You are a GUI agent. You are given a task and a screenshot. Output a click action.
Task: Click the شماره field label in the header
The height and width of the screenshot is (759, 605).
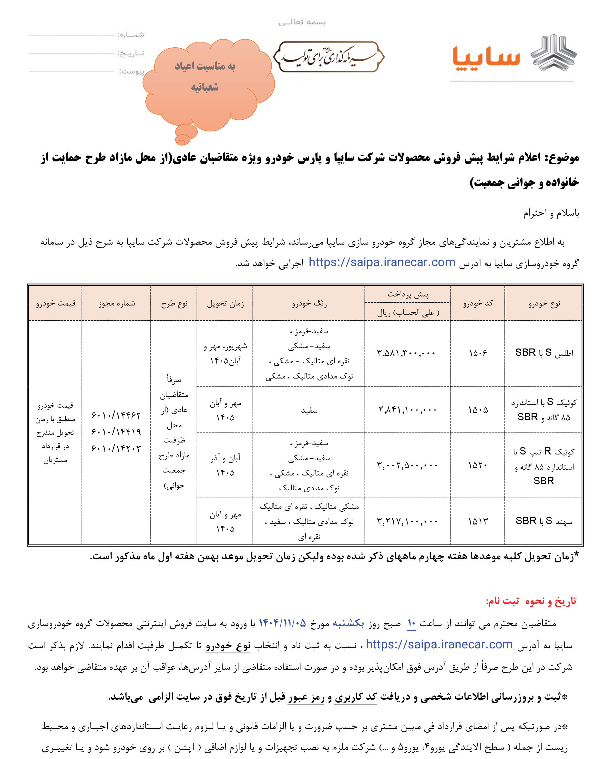click(x=131, y=34)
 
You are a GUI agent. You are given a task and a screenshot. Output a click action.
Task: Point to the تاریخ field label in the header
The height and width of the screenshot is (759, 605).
click(x=131, y=53)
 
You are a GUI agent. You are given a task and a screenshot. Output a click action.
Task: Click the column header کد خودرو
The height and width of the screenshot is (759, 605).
click(x=478, y=303)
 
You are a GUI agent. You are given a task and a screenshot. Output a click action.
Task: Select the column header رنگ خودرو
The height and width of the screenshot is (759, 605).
click(x=309, y=303)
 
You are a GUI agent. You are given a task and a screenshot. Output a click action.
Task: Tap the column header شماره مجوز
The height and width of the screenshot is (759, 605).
click(x=116, y=303)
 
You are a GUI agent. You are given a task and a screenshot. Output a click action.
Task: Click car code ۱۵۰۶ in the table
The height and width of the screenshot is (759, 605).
click(x=478, y=353)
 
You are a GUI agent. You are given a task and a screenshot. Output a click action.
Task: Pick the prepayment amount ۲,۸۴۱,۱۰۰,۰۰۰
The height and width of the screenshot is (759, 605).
click(x=407, y=410)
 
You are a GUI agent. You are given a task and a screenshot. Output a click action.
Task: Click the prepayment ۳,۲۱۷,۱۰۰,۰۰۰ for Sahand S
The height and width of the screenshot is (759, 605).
click(x=407, y=521)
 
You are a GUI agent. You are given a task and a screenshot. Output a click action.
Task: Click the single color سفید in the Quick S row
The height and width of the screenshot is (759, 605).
click(x=309, y=410)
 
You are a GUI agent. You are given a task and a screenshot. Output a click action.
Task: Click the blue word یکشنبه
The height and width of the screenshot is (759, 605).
click(x=348, y=623)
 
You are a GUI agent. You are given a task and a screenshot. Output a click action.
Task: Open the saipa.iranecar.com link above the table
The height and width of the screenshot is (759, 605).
click(x=382, y=263)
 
